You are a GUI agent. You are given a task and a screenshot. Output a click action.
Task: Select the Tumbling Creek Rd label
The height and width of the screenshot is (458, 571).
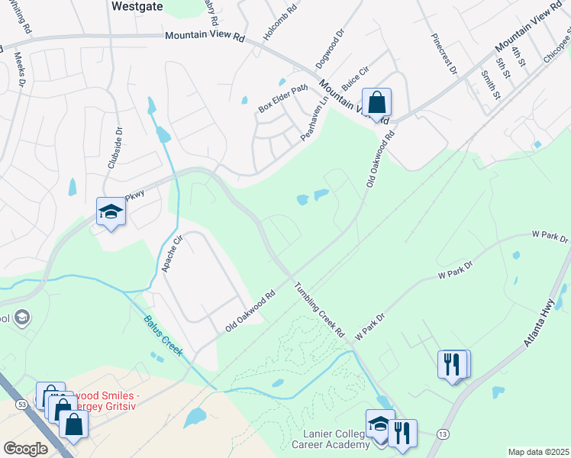321,311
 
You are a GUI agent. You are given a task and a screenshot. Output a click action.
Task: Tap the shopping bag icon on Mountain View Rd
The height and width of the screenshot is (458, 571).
377,102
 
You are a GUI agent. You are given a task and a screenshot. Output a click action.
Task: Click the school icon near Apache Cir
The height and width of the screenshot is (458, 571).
111,212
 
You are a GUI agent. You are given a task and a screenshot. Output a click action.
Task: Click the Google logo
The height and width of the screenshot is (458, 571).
26,449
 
